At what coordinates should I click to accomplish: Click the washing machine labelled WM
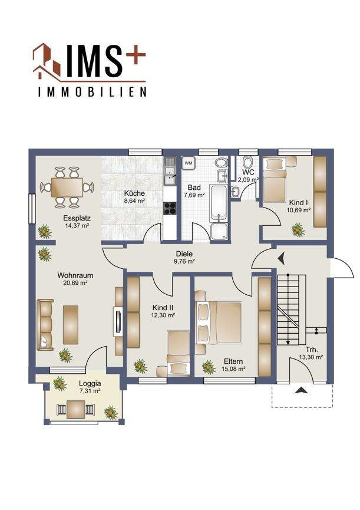tap(189, 163)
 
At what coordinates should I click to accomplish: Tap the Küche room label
tap(134, 193)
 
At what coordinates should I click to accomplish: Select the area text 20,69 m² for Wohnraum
tap(75, 283)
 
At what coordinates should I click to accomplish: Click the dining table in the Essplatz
tap(67, 187)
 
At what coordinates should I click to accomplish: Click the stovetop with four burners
tap(170, 209)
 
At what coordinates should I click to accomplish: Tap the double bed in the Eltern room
tap(219, 323)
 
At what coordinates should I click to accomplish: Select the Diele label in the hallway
tap(184, 254)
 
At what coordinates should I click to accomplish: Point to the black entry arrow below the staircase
tap(301, 390)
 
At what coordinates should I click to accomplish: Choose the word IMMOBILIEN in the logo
tap(92, 92)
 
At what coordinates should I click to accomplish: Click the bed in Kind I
tap(275, 179)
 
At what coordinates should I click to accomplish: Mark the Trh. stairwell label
tap(312, 350)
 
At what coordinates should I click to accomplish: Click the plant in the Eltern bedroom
tap(209, 367)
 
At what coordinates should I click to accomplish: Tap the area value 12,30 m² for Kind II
tap(163, 315)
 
